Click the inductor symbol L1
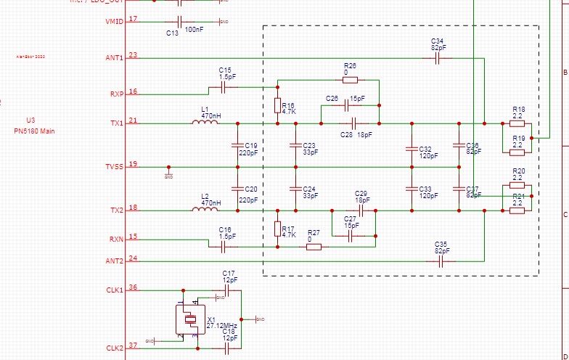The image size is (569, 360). tap(205, 123)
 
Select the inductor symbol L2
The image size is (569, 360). tap(205, 210)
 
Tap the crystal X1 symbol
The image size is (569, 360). tap(190, 319)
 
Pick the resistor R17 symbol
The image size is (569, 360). tap(277, 229)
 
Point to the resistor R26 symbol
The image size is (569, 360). tap(350, 80)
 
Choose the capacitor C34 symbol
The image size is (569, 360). tap(438, 58)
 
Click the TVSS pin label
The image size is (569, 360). tap(114, 167)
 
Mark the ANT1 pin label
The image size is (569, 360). tap(114, 58)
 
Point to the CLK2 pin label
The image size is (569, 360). tap(114, 348)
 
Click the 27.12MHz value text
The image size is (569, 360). tap(222, 326)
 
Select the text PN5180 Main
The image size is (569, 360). tap(34, 131)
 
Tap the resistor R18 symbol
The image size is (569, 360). tap(517, 123)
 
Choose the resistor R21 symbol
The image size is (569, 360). tap(517, 210)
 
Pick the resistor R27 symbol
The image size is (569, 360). tap(314, 247)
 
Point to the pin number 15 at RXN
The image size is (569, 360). tap(133, 237)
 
